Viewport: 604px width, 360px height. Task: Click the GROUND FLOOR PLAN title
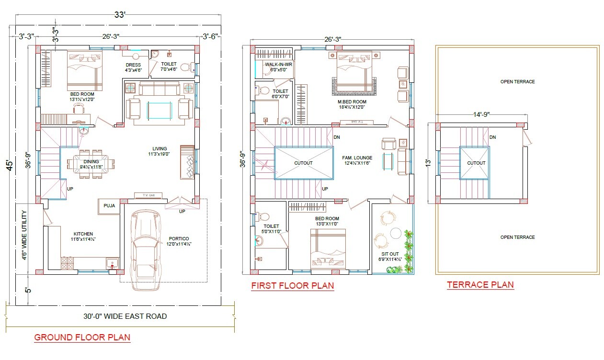(x=82, y=337)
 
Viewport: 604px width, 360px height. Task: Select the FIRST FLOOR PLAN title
(x=292, y=286)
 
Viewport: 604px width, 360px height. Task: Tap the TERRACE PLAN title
(x=480, y=285)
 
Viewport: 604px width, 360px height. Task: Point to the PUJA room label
(x=109, y=206)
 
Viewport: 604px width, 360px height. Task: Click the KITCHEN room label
(x=83, y=234)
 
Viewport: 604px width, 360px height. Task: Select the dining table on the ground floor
(x=91, y=164)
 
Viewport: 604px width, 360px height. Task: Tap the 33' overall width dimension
(x=119, y=15)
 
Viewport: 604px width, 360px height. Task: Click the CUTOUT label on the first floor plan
(x=303, y=163)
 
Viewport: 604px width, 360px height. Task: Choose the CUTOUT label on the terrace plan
(x=476, y=163)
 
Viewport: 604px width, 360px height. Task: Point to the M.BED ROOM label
(x=352, y=102)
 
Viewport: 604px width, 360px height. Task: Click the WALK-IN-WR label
(x=279, y=64)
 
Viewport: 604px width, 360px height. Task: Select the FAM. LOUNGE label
(x=357, y=157)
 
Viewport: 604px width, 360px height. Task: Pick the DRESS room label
(x=133, y=65)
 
